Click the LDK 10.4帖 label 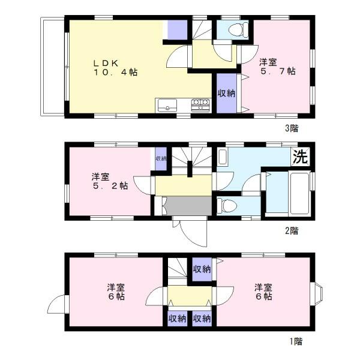pyautogui.click(x=115, y=68)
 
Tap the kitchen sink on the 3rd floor pyautogui.click(x=167, y=106)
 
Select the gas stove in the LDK pyautogui.click(x=200, y=106)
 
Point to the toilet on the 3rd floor pyautogui.click(x=238, y=30)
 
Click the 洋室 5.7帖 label pyautogui.click(x=277, y=67)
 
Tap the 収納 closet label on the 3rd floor pyautogui.click(x=226, y=93)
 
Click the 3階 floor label pyautogui.click(x=292, y=128)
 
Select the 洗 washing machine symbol pyautogui.click(x=301, y=157)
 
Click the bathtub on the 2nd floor pyautogui.click(x=299, y=193)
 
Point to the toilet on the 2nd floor pyautogui.click(x=227, y=205)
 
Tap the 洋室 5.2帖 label pyautogui.click(x=110, y=181)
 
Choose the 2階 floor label pyautogui.click(x=292, y=230)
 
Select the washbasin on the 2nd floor pyautogui.click(x=222, y=157)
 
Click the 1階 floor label pyautogui.click(x=296, y=341)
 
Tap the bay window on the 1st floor pyautogui.click(x=316, y=294)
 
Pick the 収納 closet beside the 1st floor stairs pyautogui.click(x=202, y=269)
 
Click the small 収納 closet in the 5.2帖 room pyautogui.click(x=161, y=158)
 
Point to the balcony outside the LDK pyautogui.click(x=53, y=67)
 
